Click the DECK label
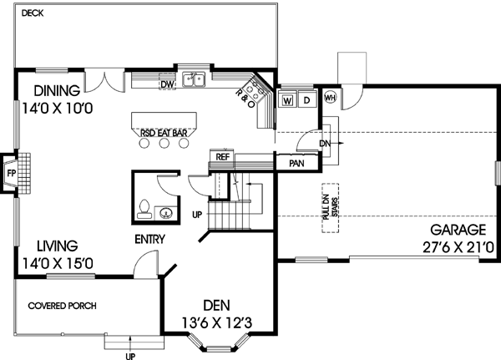pos(33,13)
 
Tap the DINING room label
pos(58,91)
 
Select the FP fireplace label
pos(11,174)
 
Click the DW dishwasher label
pos(166,84)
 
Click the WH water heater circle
pos(329,95)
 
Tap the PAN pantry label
pos(296,163)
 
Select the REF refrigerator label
pos(223,156)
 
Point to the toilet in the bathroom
pos(144,207)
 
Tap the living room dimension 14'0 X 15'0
pos(58,264)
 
